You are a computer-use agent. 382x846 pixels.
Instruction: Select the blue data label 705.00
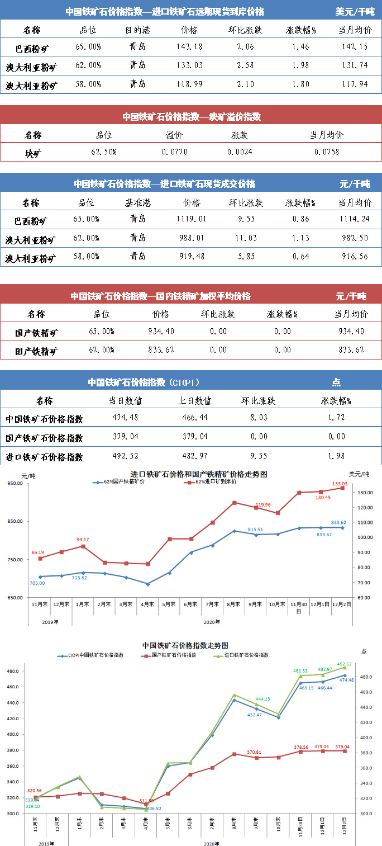(x=37, y=583)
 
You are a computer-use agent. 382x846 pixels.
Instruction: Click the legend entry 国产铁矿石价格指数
(x=173, y=655)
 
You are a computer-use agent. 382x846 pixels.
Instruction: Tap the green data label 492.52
(x=345, y=664)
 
